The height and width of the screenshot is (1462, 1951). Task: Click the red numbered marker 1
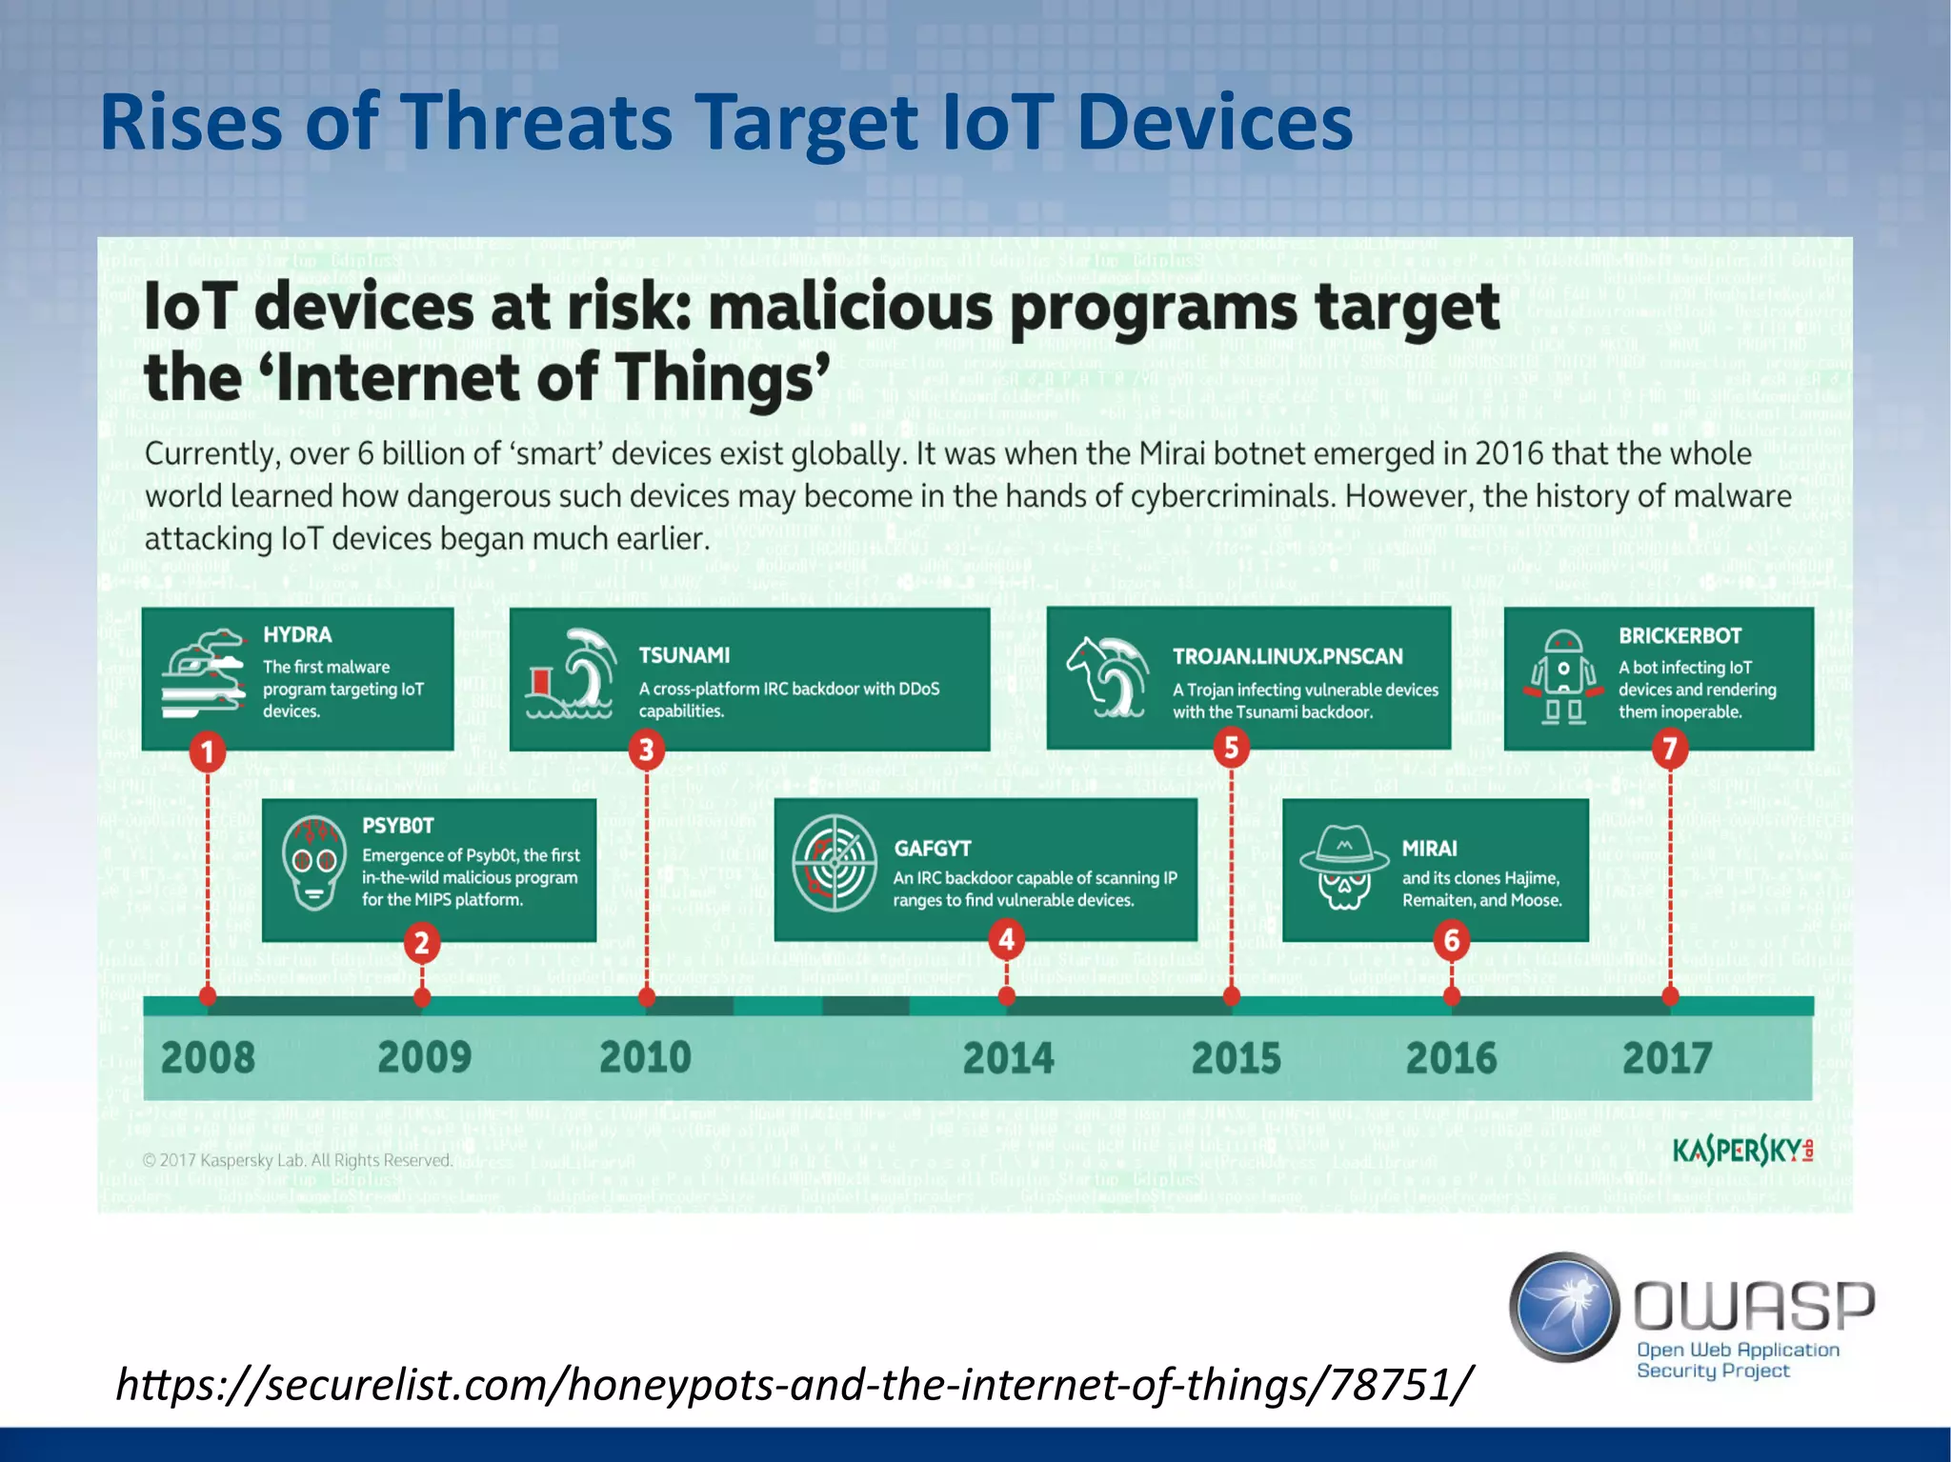(x=207, y=752)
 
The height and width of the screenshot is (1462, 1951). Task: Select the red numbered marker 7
(x=1669, y=750)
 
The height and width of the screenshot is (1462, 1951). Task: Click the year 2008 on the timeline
(x=208, y=1058)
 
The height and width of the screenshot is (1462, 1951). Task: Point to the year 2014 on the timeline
(x=1008, y=1058)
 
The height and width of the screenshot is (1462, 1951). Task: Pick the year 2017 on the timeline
(x=1667, y=1058)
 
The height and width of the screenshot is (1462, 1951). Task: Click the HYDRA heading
(x=297, y=635)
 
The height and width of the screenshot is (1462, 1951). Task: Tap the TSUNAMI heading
(x=684, y=655)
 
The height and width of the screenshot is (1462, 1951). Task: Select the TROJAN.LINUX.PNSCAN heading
(x=1287, y=656)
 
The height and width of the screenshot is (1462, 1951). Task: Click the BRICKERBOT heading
(x=1679, y=635)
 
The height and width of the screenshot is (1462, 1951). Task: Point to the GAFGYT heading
(x=932, y=849)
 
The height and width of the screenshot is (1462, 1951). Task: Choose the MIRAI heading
(x=1429, y=849)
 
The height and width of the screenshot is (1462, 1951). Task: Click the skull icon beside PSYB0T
(x=314, y=864)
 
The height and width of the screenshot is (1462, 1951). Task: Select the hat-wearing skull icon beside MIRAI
(x=1344, y=867)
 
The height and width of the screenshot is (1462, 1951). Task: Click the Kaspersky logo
(x=1741, y=1152)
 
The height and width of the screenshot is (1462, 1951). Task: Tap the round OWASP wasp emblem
(x=1564, y=1307)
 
